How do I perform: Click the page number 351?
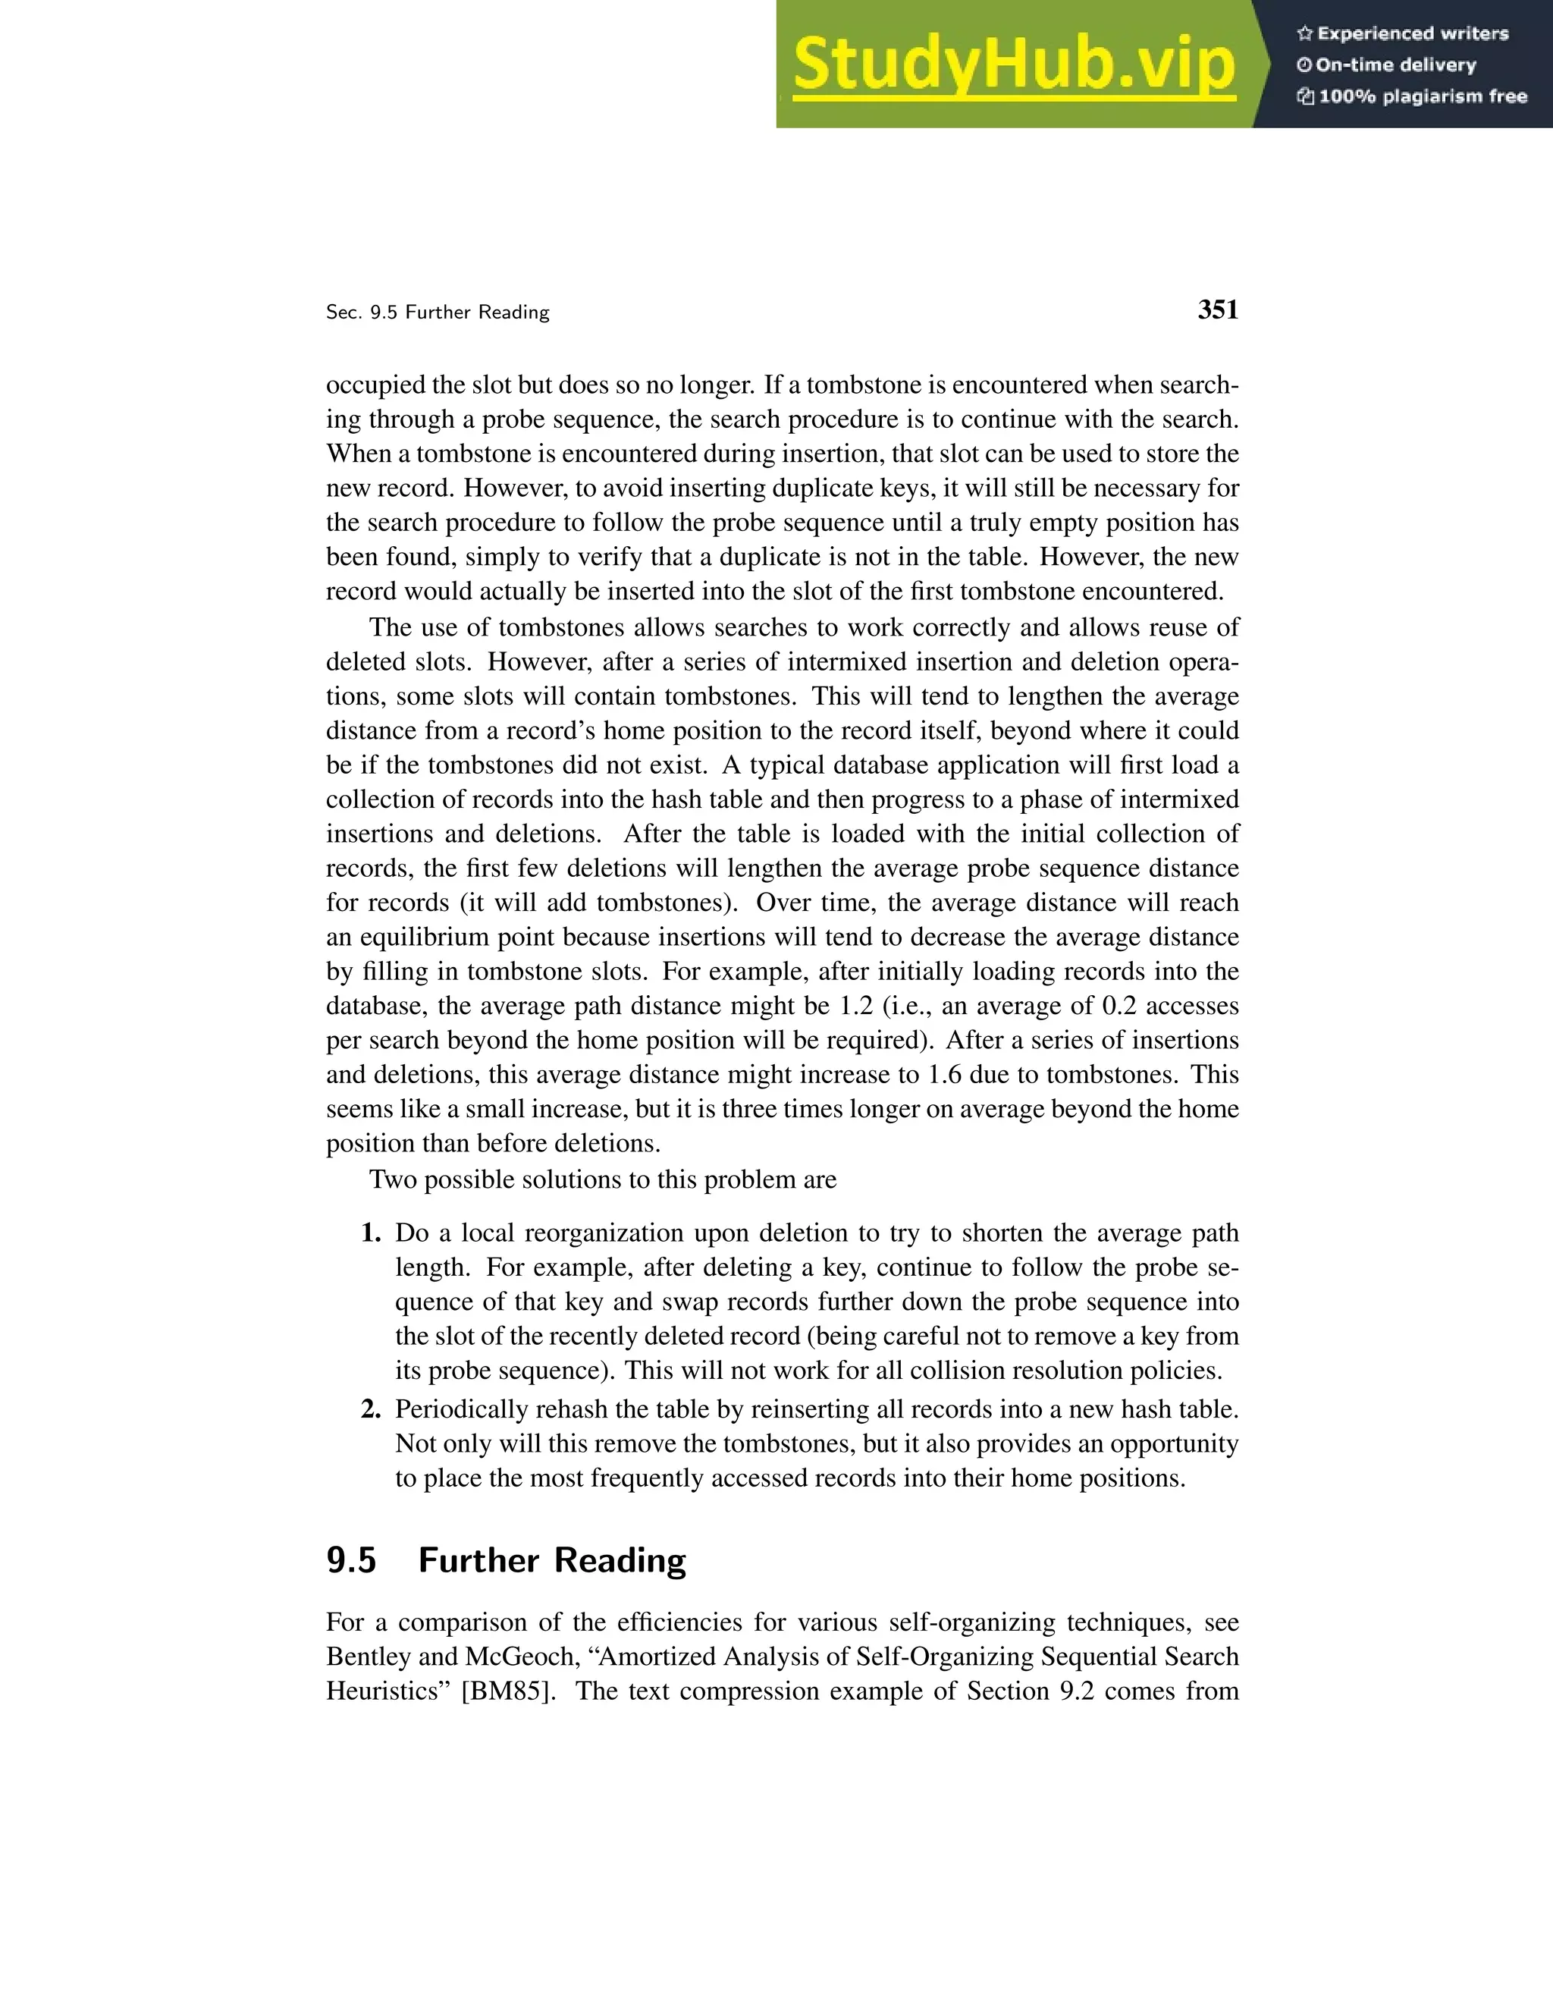[1217, 310]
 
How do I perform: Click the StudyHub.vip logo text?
[1013, 65]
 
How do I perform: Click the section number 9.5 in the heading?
[351, 1561]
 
